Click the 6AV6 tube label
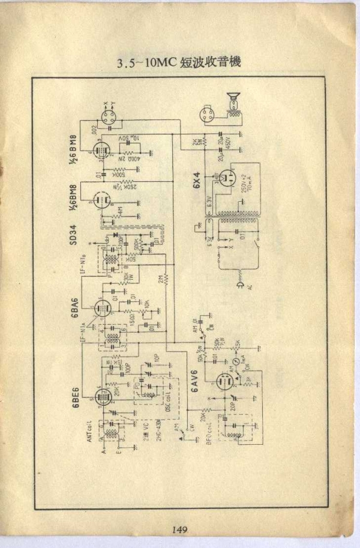194,381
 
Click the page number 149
179,529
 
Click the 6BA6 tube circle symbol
103,309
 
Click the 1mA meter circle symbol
238,363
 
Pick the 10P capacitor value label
157,358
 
